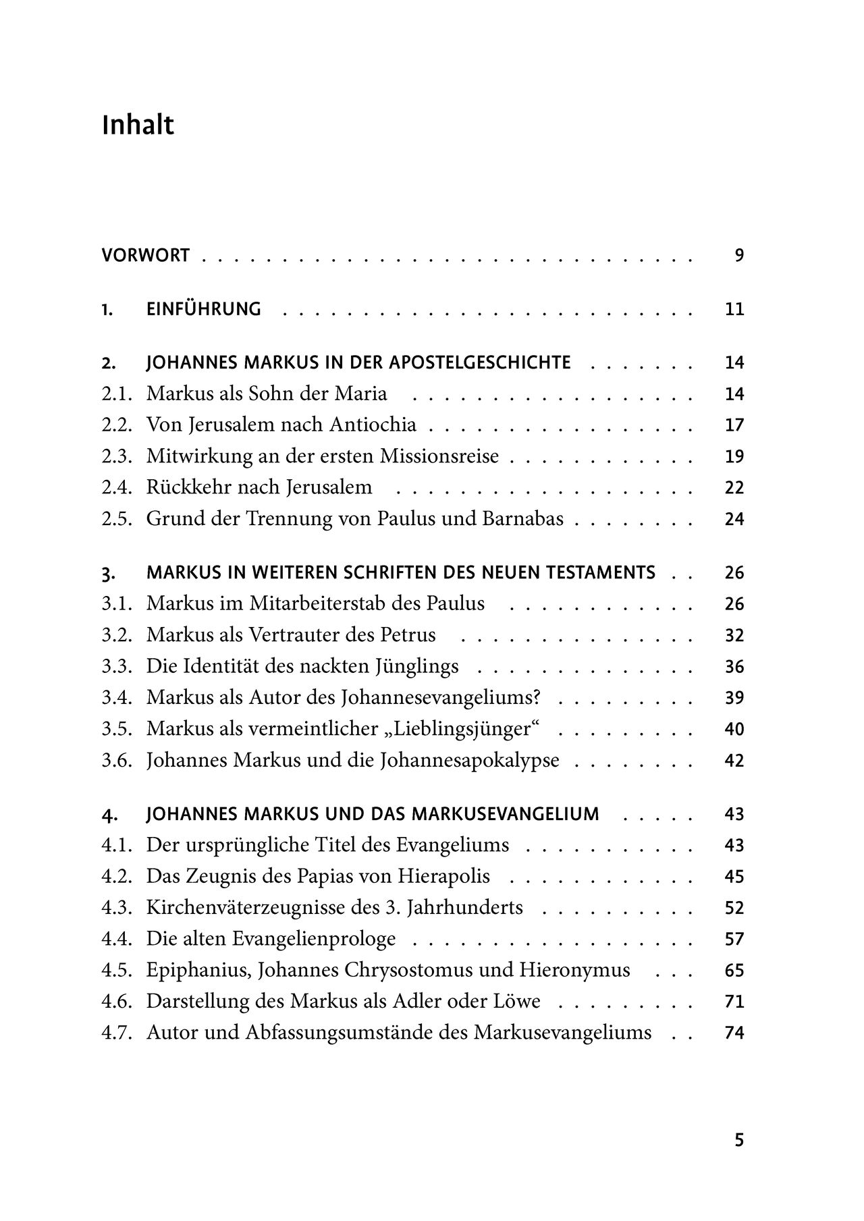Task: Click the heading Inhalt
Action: point(138,126)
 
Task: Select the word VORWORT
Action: point(146,256)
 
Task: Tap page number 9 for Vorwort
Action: point(738,256)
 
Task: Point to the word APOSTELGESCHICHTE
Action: point(480,362)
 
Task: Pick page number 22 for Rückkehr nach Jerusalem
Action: point(734,487)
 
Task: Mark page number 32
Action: point(734,635)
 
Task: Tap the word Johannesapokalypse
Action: point(470,761)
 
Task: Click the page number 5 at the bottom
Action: point(738,1140)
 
